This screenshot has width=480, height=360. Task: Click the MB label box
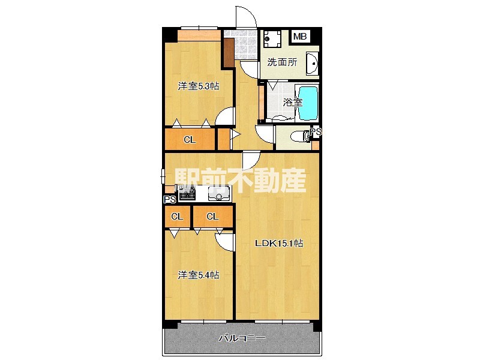pyautogui.click(x=300, y=37)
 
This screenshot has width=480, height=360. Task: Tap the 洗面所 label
pyautogui.click(x=282, y=62)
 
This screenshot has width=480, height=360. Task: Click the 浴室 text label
pyautogui.click(x=293, y=103)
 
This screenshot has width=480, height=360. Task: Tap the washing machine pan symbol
pyautogui.click(x=272, y=38)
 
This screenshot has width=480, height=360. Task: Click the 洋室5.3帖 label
pyautogui.click(x=197, y=86)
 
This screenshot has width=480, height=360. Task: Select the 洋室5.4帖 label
pyautogui.click(x=197, y=275)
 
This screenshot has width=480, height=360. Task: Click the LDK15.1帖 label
pyautogui.click(x=279, y=244)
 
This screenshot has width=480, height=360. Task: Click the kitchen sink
pyautogui.click(x=219, y=193)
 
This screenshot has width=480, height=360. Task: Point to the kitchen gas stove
pyautogui.click(x=186, y=193)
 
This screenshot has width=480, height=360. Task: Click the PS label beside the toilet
pyautogui.click(x=316, y=131)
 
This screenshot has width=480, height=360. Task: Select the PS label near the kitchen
pyautogui.click(x=169, y=200)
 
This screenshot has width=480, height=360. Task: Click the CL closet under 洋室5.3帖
pyautogui.click(x=190, y=140)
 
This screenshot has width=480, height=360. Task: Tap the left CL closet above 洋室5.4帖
pyautogui.click(x=177, y=217)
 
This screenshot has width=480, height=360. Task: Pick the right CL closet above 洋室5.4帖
pyautogui.click(x=212, y=217)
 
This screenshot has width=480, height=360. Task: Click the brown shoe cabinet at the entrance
pyautogui.click(x=229, y=52)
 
